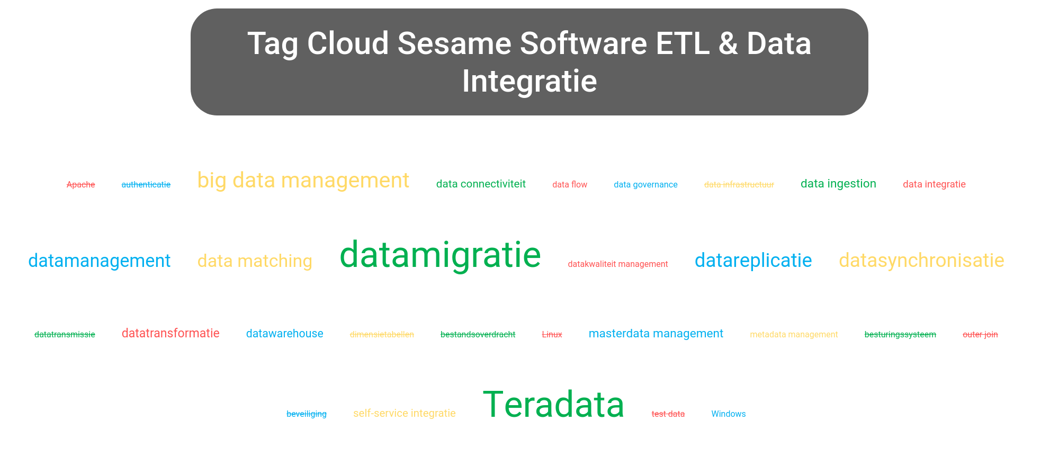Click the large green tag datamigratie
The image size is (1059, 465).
click(x=440, y=255)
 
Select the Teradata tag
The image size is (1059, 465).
click(x=553, y=405)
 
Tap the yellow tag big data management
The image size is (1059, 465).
click(x=303, y=181)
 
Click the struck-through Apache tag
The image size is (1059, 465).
click(x=81, y=185)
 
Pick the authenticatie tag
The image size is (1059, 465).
click(x=146, y=185)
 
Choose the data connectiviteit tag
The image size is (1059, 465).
click(x=481, y=184)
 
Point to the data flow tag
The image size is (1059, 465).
click(x=570, y=185)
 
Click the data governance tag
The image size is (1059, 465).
click(x=645, y=185)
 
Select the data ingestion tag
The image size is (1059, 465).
click(x=838, y=184)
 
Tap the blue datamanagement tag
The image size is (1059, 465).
click(x=99, y=261)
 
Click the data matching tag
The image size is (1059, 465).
click(x=255, y=261)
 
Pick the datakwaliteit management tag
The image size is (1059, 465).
click(x=617, y=264)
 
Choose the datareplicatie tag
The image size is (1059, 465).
click(x=753, y=261)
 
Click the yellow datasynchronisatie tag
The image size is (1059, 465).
click(x=921, y=261)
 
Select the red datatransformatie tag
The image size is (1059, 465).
click(x=170, y=334)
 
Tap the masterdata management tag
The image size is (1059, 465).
click(x=656, y=334)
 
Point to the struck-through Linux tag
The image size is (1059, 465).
click(x=552, y=335)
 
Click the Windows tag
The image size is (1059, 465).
click(x=728, y=414)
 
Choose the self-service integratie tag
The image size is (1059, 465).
click(x=404, y=414)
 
